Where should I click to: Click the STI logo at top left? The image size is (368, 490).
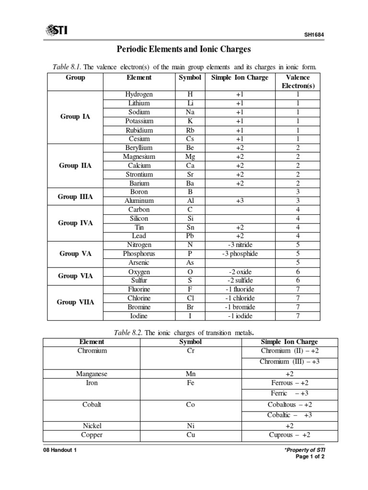56,30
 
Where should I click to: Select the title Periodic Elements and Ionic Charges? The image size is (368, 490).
184,49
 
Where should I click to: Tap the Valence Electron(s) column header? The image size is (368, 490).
298,81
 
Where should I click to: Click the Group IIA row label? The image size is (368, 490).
75,166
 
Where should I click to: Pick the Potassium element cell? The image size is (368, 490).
139,121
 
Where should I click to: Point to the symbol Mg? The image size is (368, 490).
190,156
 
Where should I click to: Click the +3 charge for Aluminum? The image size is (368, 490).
240,201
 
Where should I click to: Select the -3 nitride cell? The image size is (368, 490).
240,245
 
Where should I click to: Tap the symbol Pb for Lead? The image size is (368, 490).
190,236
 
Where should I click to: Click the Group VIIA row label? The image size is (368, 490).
75,302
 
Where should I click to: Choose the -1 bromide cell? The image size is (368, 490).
240,307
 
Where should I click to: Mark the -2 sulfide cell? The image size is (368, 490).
240,280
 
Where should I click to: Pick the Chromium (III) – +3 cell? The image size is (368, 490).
289,362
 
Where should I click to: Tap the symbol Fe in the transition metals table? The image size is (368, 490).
190,383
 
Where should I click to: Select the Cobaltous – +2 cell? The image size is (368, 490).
289,405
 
